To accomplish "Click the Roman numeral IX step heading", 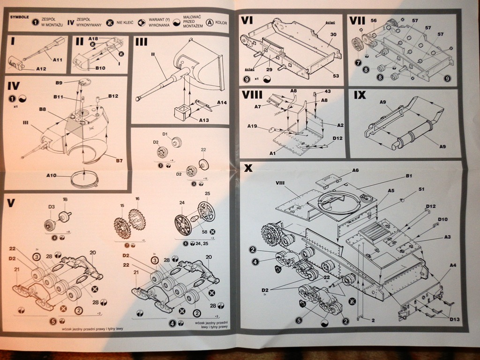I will tap(360, 95).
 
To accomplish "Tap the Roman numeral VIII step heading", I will tap(252, 95).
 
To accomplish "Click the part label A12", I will tap(41, 68).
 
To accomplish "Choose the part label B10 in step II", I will tap(100, 68).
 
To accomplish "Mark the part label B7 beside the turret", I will tap(119, 161).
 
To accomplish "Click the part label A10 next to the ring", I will tap(52, 176).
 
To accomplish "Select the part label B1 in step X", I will tap(409, 176).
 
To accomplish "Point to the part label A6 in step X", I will tap(356, 170).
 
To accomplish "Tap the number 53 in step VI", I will tap(335, 76).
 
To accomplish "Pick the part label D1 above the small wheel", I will tap(165, 135).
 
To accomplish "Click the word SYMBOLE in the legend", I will tap(20, 16).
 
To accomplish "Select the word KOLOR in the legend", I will tap(221, 22).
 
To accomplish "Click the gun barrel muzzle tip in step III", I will tap(138, 99).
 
